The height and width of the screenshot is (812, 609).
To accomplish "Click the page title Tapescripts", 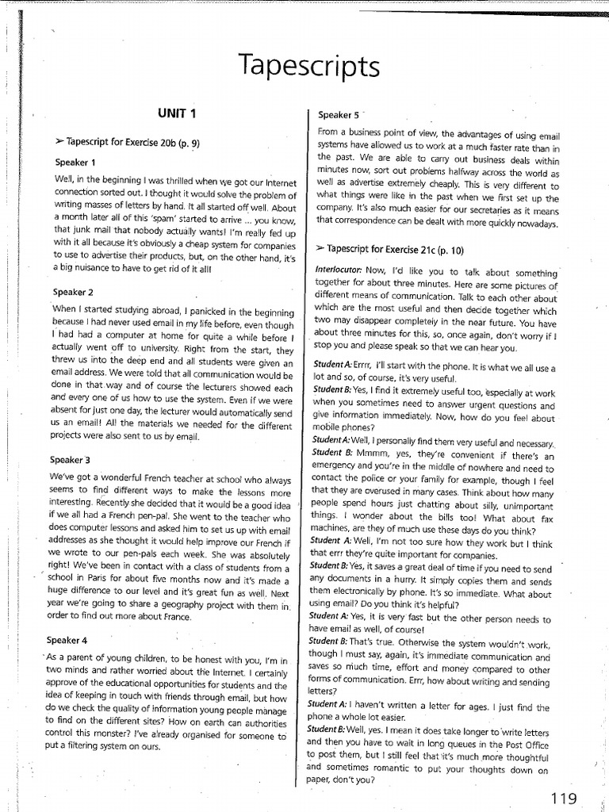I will (304, 65).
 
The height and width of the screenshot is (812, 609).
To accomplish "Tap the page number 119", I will (562, 797).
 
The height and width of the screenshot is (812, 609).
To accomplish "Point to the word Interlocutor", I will (339, 270).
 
